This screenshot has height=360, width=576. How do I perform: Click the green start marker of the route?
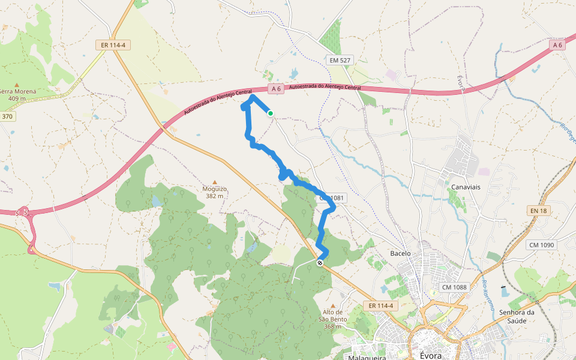[x=271, y=113]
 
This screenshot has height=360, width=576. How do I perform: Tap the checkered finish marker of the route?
[x=320, y=262]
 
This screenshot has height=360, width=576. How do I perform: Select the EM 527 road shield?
[x=340, y=60]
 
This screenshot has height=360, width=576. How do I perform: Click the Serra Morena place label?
[x=18, y=92]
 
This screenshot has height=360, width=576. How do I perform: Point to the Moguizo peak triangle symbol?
[x=214, y=182]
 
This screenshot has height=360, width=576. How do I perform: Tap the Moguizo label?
[x=214, y=189]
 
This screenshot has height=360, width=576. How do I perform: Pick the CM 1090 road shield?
[x=542, y=245]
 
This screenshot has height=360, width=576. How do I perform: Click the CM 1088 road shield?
[x=454, y=287]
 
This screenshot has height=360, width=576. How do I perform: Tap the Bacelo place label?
[x=400, y=253]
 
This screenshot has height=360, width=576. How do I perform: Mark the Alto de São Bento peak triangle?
[x=332, y=306]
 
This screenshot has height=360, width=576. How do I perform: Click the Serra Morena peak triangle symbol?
[x=17, y=85]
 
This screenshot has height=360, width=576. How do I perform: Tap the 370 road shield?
[x=7, y=116]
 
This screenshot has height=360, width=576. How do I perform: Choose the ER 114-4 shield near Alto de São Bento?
[x=380, y=306]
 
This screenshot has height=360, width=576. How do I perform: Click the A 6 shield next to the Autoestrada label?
[x=275, y=89]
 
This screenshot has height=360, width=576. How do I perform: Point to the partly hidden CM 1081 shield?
[x=334, y=197]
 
